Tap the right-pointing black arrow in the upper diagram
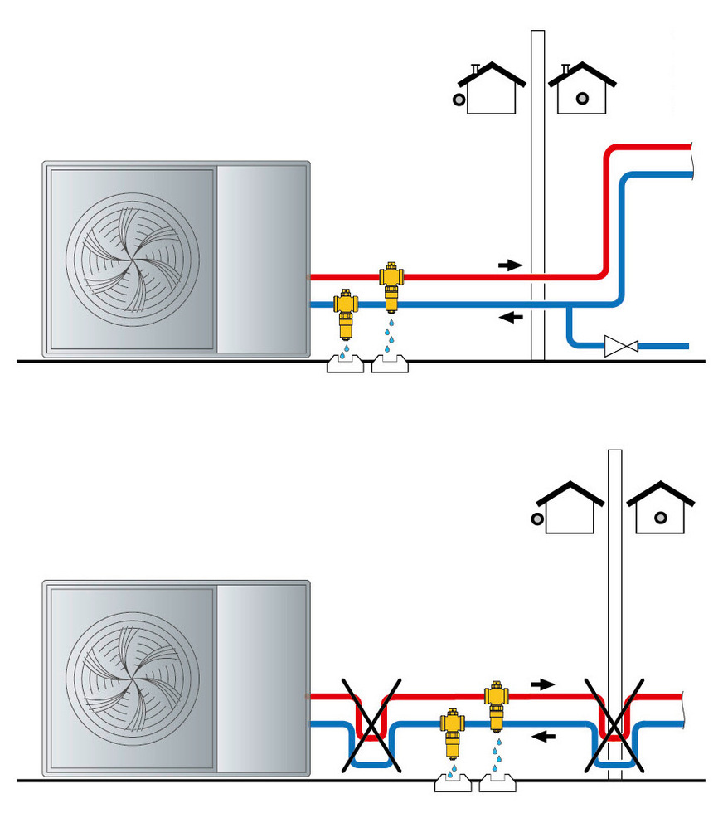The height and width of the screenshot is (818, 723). click(510, 265)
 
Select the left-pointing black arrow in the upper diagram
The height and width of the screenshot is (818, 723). click(513, 317)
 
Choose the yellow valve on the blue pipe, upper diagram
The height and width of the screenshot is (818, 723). click(346, 313)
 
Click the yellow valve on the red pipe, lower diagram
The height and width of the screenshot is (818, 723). click(496, 704)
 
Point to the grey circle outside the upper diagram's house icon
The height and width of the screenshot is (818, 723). click(459, 100)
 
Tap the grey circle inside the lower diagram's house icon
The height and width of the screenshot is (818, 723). click(660, 518)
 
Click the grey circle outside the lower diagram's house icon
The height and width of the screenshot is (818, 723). click(537, 520)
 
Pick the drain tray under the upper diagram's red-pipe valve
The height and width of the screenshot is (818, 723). click(392, 363)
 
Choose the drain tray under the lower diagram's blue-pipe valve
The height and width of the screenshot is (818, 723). click(451, 781)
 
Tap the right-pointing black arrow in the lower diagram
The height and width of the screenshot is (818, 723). click(541, 684)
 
